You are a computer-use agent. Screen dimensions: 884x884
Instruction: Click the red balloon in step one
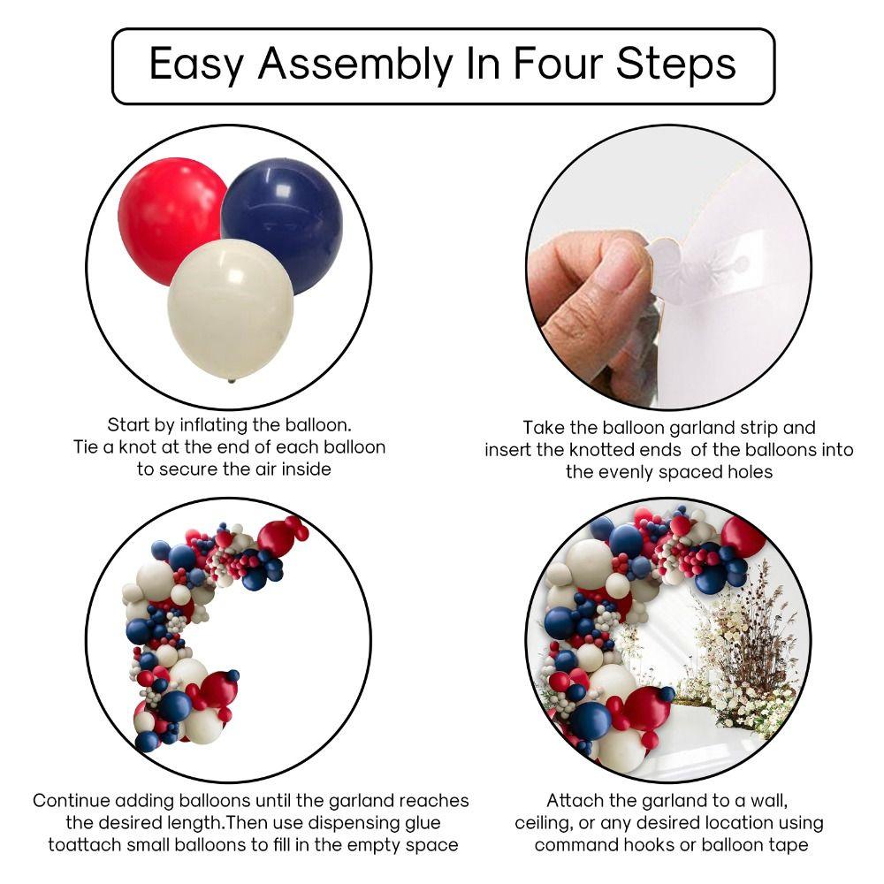point(168,217)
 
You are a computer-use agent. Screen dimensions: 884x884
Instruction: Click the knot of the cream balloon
point(232,380)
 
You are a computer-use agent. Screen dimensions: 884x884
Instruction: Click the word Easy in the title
point(197,65)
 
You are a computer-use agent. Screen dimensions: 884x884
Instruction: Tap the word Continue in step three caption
point(72,801)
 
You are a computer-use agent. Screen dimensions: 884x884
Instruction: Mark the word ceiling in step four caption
point(548,824)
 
